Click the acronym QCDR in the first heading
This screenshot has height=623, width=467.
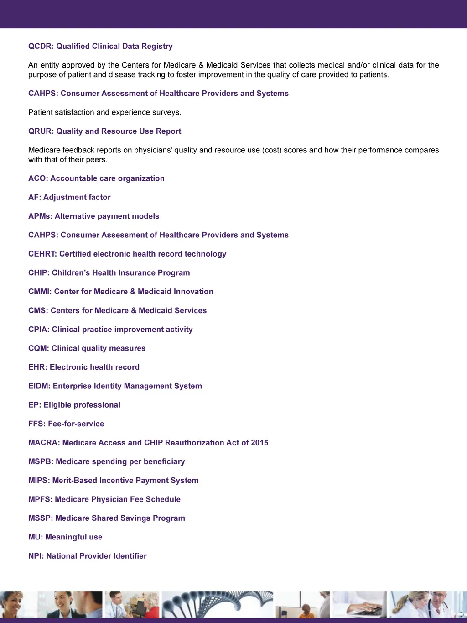coord(40,46)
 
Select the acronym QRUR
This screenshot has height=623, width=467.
coord(40,131)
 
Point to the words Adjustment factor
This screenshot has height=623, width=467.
coord(77,197)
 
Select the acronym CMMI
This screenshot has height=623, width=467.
coord(40,292)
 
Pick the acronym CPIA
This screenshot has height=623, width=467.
coord(39,330)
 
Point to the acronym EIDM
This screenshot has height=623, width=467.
coord(39,386)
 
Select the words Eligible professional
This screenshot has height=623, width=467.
coord(82,405)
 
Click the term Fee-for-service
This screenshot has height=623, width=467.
coord(76,424)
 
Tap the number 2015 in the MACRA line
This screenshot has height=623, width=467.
coord(259,443)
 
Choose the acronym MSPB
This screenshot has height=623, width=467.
coord(40,461)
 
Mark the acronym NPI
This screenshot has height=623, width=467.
coord(36,556)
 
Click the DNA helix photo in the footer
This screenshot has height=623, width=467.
coord(218,604)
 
